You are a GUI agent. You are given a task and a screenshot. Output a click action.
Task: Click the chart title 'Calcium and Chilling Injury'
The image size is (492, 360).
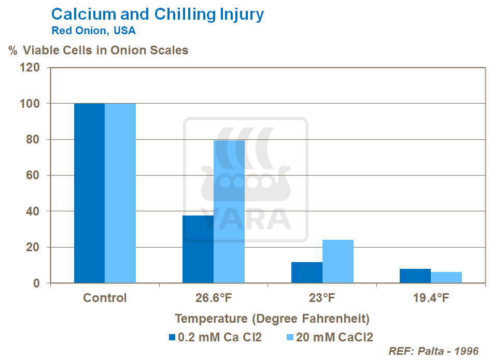158,15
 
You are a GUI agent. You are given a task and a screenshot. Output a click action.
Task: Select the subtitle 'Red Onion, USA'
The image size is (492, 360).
93,31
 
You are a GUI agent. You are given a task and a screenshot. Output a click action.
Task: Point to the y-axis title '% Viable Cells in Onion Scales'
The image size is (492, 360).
98,50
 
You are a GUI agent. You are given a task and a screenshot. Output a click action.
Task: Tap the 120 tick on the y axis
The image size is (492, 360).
30,67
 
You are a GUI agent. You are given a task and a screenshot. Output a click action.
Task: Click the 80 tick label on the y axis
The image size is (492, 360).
33,139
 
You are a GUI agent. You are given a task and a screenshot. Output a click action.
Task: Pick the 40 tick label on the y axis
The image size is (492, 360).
33,211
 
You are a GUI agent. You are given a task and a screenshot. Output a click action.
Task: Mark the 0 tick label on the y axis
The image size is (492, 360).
36,283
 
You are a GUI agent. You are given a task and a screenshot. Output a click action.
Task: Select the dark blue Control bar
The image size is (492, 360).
89,193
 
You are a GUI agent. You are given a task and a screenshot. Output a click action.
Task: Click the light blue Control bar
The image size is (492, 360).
120,193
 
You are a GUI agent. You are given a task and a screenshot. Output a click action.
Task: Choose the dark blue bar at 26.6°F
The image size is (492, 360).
198,249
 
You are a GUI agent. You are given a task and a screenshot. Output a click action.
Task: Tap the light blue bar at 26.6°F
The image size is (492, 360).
229,212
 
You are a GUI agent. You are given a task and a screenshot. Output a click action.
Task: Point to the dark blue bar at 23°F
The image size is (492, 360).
307,272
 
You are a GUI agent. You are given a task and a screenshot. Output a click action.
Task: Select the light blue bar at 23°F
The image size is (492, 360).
338,262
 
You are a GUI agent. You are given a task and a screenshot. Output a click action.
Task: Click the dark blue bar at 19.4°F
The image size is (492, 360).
415,276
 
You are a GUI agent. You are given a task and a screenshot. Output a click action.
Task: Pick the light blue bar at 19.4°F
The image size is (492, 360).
446,278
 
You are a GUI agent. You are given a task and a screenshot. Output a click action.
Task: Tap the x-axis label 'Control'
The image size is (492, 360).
105,298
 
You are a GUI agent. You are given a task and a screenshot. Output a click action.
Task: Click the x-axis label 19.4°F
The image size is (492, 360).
431,298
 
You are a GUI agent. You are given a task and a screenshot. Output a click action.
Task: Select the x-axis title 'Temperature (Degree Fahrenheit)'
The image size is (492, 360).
272,319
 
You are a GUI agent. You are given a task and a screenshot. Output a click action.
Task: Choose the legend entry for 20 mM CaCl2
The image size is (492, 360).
330,337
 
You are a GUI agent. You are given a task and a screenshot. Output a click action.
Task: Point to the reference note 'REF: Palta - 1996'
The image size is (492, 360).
433,351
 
